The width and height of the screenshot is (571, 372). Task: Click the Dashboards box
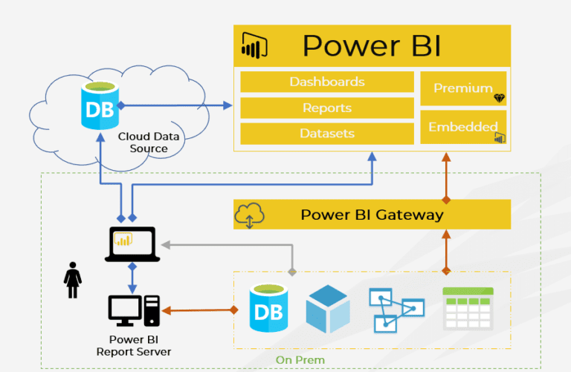click(x=326, y=82)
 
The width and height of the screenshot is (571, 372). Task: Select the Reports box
click(x=326, y=108)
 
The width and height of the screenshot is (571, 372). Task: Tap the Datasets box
click(x=326, y=134)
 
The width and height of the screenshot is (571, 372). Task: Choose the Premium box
click(x=463, y=88)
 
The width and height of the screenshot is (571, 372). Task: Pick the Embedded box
click(x=463, y=127)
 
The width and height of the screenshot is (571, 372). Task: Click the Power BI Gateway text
click(x=372, y=215)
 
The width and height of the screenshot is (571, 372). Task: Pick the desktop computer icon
click(x=134, y=310)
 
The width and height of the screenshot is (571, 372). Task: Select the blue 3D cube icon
click(x=327, y=308)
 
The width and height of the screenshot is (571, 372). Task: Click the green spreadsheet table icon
click(x=467, y=308)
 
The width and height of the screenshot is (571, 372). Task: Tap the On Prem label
click(x=300, y=360)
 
